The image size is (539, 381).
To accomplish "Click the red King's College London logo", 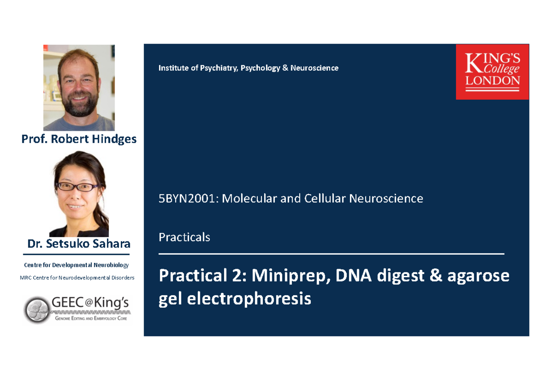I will pyautogui.click(x=492, y=71).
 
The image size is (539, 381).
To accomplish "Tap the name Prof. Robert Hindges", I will pyautogui.click(x=79, y=139).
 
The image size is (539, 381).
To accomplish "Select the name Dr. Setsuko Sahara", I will pyautogui.click(x=79, y=244).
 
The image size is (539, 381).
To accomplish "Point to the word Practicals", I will pyautogui.click(x=184, y=237).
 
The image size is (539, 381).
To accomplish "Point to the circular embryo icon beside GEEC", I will pyautogui.click(x=37, y=310).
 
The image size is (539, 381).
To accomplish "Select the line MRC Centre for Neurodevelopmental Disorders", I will pyautogui.click(x=77, y=278).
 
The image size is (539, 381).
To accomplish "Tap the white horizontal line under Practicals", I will pyautogui.click(x=331, y=254).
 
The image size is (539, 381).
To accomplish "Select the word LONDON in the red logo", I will pyautogui.click(x=492, y=81).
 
